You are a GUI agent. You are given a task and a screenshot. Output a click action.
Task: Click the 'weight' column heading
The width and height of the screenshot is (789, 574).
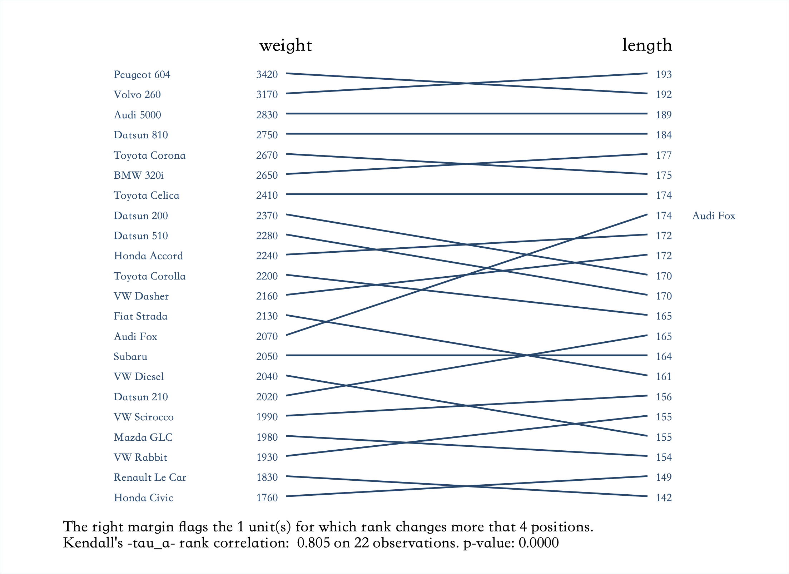coord(286,46)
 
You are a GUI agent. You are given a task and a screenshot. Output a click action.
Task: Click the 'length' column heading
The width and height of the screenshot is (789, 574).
coord(647,46)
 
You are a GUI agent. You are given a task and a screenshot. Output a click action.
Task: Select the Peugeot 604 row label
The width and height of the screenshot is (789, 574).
coord(142,74)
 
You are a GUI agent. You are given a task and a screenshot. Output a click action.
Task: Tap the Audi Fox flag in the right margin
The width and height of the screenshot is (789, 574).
coord(714,216)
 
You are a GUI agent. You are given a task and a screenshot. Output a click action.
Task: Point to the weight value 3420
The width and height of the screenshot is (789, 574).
coord(267,74)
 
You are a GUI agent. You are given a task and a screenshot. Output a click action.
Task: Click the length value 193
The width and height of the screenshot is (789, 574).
coord(664,74)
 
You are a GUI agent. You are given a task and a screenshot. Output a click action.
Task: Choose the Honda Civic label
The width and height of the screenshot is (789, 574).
coord(144,498)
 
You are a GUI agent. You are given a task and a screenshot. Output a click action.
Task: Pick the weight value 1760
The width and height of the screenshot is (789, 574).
coord(267,498)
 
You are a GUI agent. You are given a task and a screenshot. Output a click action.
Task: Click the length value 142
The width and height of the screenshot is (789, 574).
coord(664,498)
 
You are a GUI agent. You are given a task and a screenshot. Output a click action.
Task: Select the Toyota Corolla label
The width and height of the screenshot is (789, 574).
coord(150,276)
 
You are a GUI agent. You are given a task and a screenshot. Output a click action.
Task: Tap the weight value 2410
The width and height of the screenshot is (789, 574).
coord(267,195)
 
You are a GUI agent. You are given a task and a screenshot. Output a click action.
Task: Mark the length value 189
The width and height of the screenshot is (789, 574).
coord(664,115)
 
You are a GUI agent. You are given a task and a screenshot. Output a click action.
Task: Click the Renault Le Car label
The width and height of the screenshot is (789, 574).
coord(150,477)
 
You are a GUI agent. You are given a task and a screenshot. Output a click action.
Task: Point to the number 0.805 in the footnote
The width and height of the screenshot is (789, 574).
coord(313,543)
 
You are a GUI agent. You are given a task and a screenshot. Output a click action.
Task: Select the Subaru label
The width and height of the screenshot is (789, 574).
coord(130,356)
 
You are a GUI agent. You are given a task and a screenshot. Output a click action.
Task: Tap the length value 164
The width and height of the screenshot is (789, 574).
coord(664,356)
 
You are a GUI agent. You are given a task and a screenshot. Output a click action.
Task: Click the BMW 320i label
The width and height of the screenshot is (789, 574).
coord(139,175)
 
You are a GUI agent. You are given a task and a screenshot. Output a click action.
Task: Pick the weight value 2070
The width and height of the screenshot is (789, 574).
coord(267,336)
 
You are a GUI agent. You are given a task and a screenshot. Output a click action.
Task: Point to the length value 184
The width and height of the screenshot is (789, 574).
coord(664,135)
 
